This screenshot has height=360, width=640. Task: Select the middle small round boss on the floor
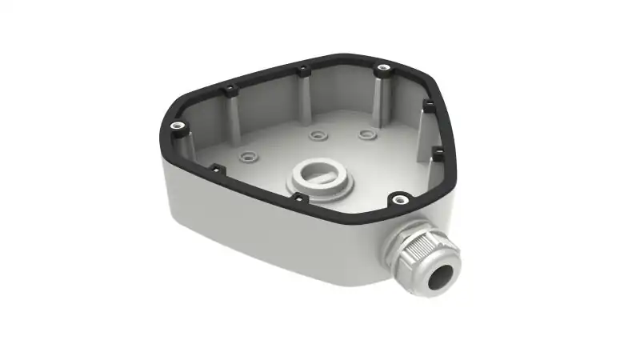coord(319,135)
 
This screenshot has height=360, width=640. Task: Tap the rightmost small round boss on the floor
coord(366,133)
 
